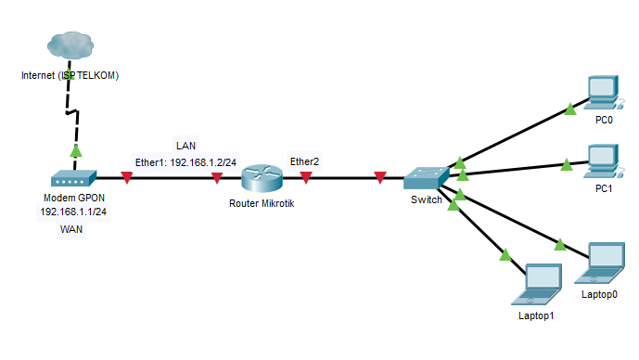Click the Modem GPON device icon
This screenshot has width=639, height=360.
click(x=73, y=178)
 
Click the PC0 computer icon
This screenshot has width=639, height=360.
click(x=603, y=93)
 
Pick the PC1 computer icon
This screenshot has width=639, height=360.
click(x=603, y=161)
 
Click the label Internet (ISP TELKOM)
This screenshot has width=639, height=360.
click(x=70, y=74)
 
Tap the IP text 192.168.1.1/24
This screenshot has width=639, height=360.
click(x=73, y=212)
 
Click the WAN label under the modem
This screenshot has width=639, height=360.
click(x=72, y=228)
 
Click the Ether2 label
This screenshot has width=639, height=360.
click(x=305, y=161)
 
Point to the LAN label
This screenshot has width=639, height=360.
click(x=185, y=146)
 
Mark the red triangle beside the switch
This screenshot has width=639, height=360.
click(x=380, y=177)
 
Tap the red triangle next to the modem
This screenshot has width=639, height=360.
click(x=126, y=177)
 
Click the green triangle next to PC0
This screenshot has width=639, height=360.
click(x=570, y=110)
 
